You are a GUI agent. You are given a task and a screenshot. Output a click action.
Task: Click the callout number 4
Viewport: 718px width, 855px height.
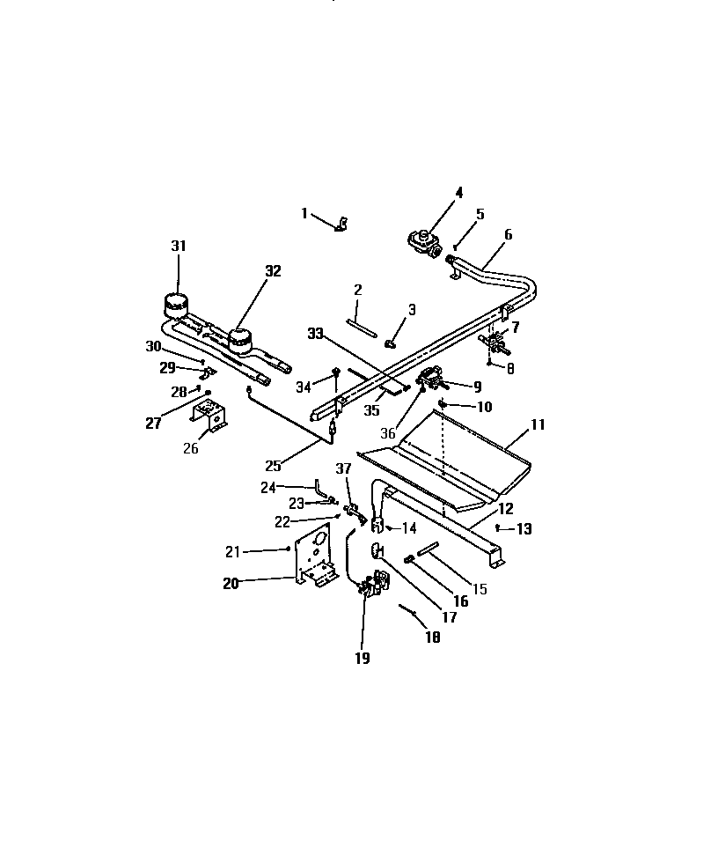458,192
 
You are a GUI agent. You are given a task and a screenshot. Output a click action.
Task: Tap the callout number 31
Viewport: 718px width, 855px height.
179,247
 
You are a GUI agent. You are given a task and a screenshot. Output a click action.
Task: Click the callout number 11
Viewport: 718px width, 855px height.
538,424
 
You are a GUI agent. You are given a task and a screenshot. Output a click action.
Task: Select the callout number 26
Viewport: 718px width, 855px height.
191,448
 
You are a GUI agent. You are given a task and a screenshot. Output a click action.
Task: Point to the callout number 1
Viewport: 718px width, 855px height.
304,213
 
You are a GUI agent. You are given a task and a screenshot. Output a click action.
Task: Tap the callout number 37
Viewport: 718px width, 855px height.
342,467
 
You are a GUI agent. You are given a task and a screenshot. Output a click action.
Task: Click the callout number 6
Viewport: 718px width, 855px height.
508,234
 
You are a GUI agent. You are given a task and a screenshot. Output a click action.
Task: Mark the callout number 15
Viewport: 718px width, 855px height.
479,588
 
